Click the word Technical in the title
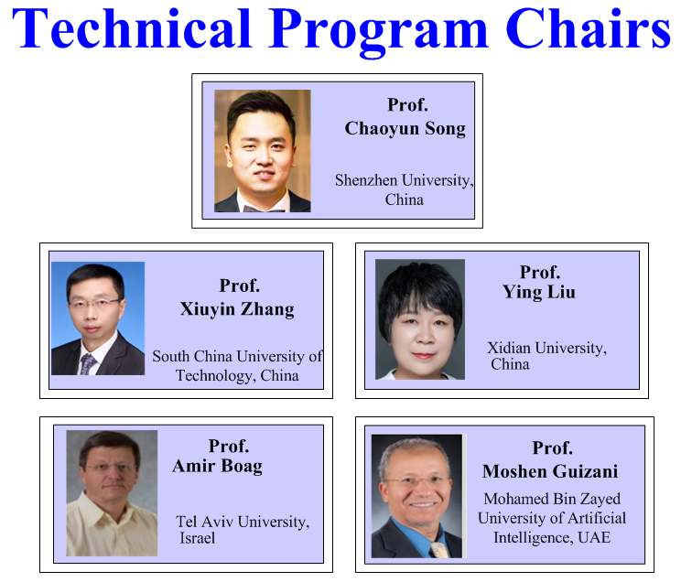pyautogui.click(x=132, y=27)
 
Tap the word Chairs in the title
pyautogui.click(x=588, y=27)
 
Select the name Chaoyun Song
pyautogui.click(x=405, y=128)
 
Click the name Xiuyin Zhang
pyautogui.click(x=237, y=309)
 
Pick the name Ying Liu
pyautogui.click(x=539, y=292)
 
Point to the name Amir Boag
pyautogui.click(x=217, y=466)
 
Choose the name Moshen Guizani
pyautogui.click(x=550, y=471)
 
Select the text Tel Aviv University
pyautogui.click(x=243, y=522)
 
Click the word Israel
pyautogui.click(x=197, y=538)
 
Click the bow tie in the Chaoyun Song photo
pyautogui.click(x=264, y=209)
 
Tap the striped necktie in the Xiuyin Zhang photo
pyautogui.click(x=88, y=364)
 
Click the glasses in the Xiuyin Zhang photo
pyautogui.click(x=94, y=303)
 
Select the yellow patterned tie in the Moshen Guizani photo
pyautogui.click(x=439, y=550)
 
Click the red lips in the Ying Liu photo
pyautogui.click(x=424, y=356)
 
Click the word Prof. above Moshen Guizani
pyautogui.click(x=553, y=447)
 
